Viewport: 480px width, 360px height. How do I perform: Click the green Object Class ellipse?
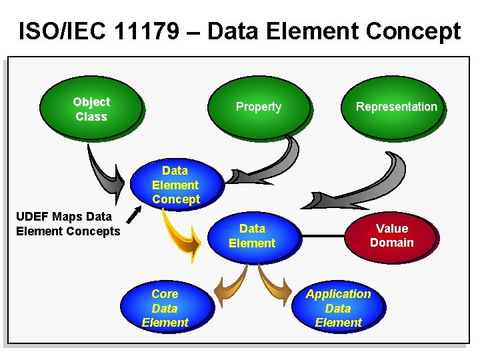pyautogui.click(x=91, y=109)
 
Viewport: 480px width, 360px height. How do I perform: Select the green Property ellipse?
pyautogui.click(x=259, y=107)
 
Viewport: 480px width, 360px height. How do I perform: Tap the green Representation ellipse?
pyautogui.click(x=396, y=107)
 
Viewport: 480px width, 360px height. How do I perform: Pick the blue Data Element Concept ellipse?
pyautogui.click(x=175, y=185)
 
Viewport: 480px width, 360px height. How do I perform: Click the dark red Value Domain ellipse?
pyautogui.click(x=392, y=236)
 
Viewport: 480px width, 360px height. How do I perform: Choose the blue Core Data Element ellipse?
pyautogui.click(x=165, y=308)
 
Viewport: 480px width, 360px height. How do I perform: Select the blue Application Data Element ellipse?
pyautogui.click(x=338, y=308)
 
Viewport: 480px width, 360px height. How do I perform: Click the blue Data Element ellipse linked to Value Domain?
pyautogui.click(x=252, y=236)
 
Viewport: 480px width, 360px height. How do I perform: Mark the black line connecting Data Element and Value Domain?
pyautogui.click(x=323, y=236)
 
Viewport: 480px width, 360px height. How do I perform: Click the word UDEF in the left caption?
pyautogui.click(x=33, y=217)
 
